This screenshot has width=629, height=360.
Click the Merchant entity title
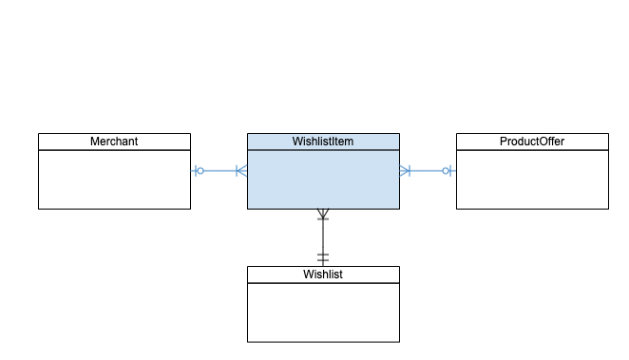[x=114, y=142]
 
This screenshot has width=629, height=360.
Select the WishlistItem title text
[x=323, y=142]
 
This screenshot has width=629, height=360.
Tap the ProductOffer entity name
[x=532, y=142]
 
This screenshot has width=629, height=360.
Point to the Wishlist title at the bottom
[x=323, y=275]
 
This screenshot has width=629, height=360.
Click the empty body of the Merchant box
[x=114, y=180]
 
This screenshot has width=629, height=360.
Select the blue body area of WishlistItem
[x=323, y=180]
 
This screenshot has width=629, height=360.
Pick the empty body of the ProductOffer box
[x=532, y=180]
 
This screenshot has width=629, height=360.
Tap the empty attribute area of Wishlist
[x=323, y=313]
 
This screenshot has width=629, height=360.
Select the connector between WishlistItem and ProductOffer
[x=427, y=171]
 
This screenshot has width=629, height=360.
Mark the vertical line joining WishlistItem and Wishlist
[x=323, y=237]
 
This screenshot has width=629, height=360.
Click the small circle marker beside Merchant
[x=200, y=171]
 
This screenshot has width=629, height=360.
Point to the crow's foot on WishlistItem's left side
[x=241, y=171]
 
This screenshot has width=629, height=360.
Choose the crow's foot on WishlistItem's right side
[x=405, y=171]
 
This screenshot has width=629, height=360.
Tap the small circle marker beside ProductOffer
[x=446, y=171]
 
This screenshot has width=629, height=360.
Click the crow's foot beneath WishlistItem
[x=323, y=216]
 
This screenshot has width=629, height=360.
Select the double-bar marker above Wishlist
[x=323, y=257]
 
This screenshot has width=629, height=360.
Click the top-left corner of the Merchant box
[x=39, y=134]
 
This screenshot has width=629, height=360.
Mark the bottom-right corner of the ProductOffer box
[x=608, y=208]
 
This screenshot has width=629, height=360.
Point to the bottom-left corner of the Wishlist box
[x=248, y=341]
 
